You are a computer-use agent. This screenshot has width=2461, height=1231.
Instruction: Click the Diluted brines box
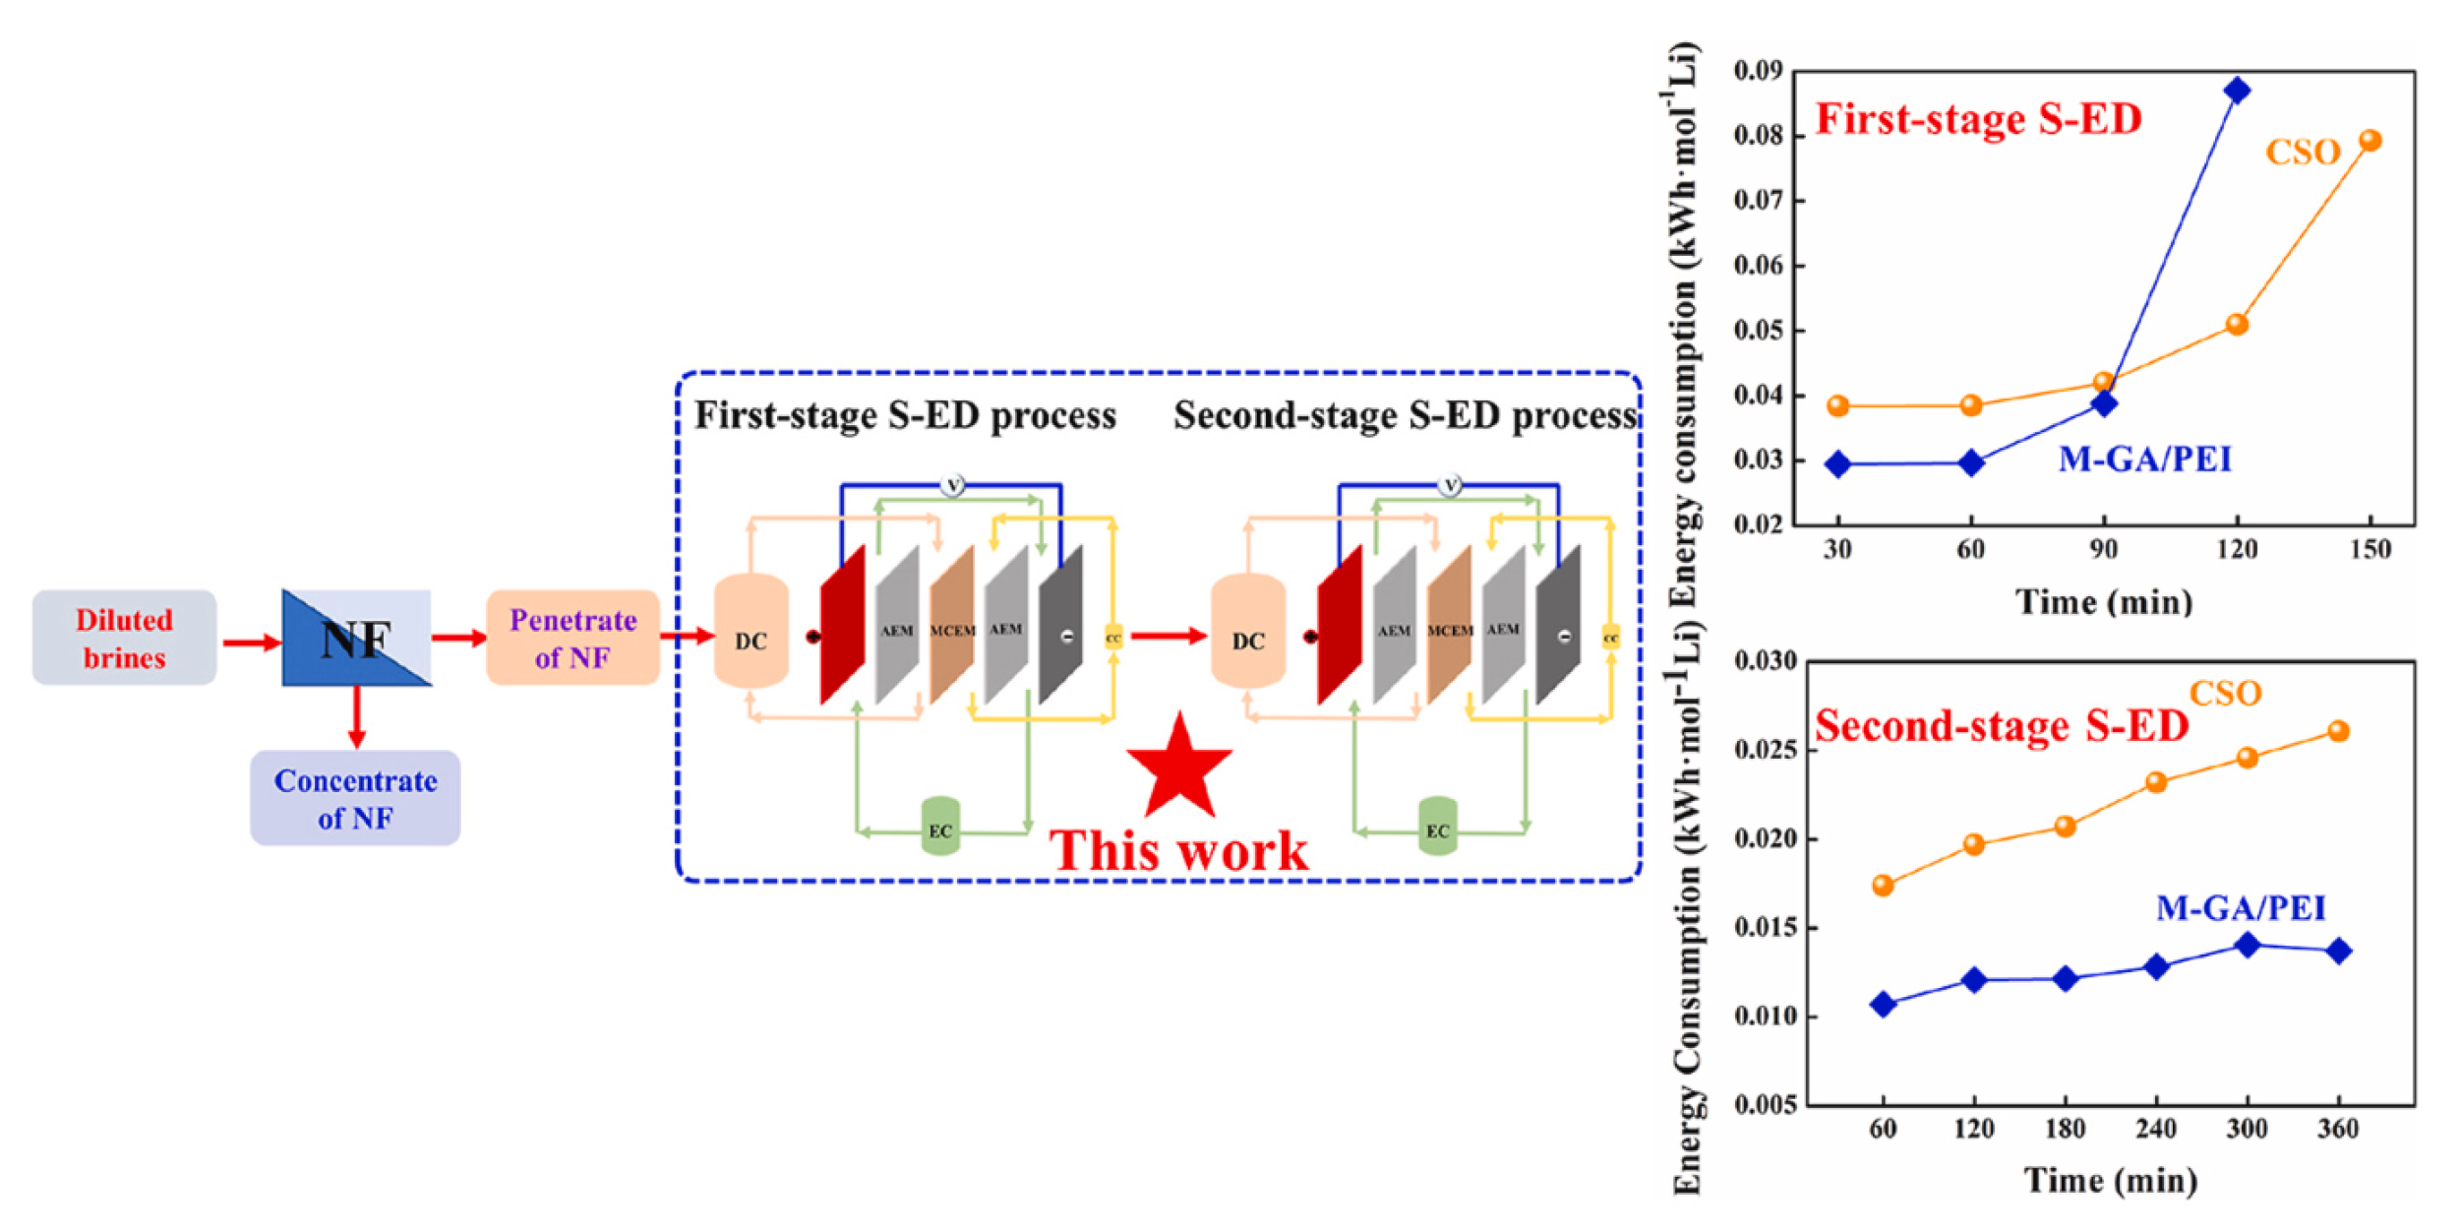tap(124, 638)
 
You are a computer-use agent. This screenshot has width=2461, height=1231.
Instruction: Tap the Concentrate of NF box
tap(355, 798)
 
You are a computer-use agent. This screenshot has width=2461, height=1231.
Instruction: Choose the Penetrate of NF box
tap(572, 638)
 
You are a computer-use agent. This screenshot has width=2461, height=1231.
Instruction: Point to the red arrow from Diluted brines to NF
tap(251, 643)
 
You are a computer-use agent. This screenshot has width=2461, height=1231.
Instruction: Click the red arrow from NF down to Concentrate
tap(356, 717)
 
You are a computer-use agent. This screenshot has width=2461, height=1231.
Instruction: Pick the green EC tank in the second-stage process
tap(1437, 827)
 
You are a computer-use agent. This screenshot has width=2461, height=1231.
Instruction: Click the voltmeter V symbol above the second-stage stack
tap(1450, 485)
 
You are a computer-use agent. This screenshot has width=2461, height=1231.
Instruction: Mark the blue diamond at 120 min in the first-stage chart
tap(2237, 91)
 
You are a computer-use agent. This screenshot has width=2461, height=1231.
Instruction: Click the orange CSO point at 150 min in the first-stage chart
tap(2370, 141)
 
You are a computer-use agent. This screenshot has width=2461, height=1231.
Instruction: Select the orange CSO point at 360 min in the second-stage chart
tap(2338, 731)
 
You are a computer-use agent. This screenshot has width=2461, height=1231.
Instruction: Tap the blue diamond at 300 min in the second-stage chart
tap(2247, 945)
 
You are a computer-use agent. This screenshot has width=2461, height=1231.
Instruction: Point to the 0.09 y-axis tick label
tap(1758, 71)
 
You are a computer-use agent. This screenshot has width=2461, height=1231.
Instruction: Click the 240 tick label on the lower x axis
tap(2155, 1129)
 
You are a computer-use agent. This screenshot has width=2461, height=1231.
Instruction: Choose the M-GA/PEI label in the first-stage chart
tap(2144, 460)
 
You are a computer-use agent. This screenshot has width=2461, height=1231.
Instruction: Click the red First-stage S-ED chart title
tap(1978, 120)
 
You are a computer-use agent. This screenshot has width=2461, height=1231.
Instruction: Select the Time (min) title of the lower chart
tap(2110, 1180)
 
